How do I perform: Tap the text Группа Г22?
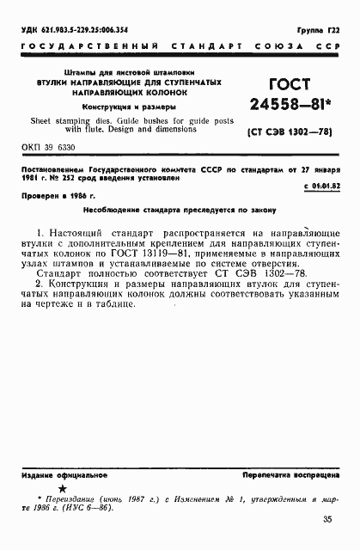pos(317,31)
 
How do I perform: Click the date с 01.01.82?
pos(322,185)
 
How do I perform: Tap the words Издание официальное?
pos(52,474)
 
